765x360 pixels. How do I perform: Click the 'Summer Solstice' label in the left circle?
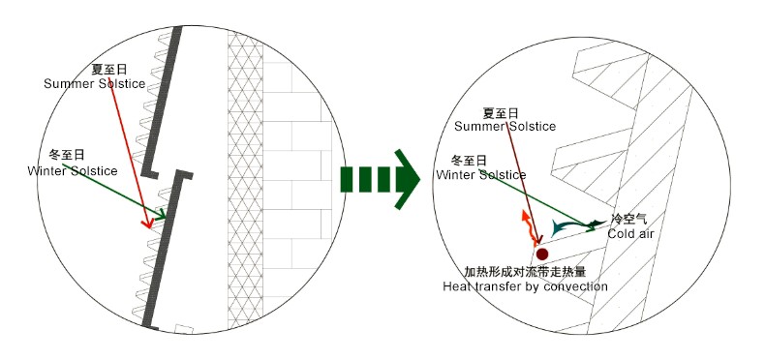point(95,84)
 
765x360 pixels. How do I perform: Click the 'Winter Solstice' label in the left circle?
point(73,170)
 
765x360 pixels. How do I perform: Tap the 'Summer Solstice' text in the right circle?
point(506,127)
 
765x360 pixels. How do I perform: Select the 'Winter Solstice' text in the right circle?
point(481,175)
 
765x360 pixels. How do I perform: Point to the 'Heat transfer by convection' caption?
point(525,286)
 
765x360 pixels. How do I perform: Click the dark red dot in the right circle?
point(541,254)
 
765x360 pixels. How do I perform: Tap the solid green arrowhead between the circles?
point(406,179)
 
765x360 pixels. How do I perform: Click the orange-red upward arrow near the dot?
point(527,225)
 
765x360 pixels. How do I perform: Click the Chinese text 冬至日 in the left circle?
point(68,155)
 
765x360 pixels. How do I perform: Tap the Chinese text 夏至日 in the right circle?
point(501,112)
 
